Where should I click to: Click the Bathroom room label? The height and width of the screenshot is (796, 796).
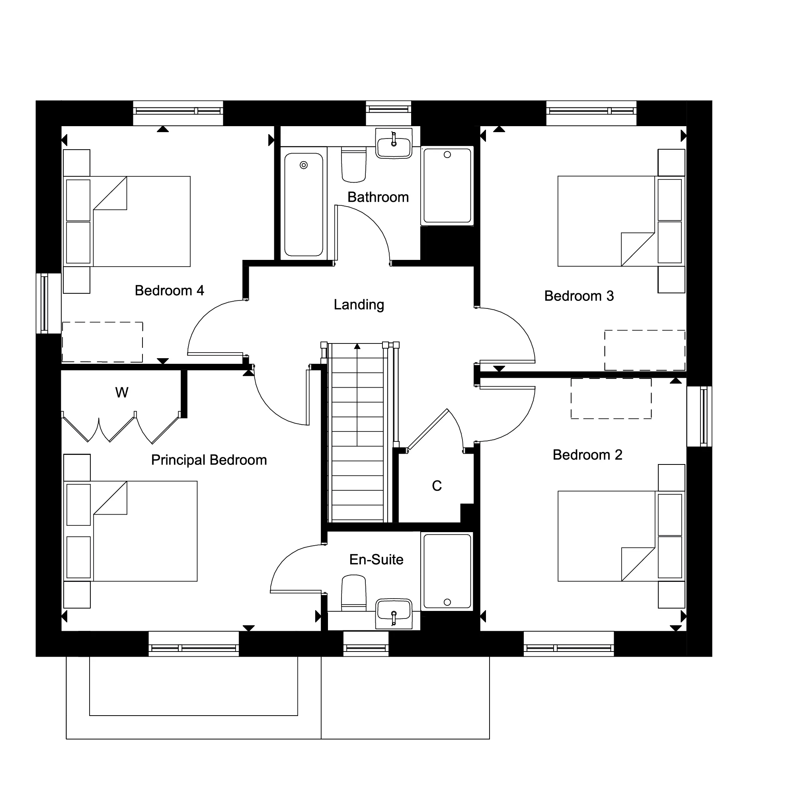[x=378, y=197]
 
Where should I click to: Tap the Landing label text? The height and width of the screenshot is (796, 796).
[x=359, y=304]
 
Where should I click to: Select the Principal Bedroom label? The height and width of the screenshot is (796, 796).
[x=209, y=460]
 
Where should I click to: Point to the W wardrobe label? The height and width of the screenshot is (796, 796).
[x=121, y=393]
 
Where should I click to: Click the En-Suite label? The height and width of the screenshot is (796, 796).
[x=376, y=560]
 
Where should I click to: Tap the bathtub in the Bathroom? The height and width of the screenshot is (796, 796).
[x=304, y=204]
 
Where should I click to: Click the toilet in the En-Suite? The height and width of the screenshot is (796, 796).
[x=354, y=593]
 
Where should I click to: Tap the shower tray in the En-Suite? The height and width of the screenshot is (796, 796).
[x=447, y=571]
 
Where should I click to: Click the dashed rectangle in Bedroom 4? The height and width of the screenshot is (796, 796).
[x=103, y=342]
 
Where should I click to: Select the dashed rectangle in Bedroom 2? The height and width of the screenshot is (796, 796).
[x=611, y=398]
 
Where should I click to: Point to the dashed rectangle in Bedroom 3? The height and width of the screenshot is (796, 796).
[x=644, y=350]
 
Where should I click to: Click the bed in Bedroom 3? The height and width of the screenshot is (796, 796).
[x=606, y=221]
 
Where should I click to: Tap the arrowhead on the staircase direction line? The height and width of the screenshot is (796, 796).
[x=357, y=347]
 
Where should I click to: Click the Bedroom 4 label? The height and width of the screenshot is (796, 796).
[x=169, y=291]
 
